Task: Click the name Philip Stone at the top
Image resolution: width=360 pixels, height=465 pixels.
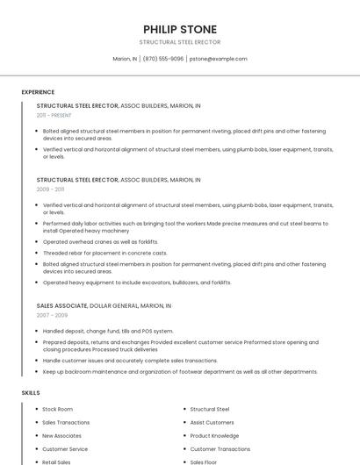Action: click(x=179, y=29)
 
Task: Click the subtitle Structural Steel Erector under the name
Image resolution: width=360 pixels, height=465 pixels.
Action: click(x=179, y=42)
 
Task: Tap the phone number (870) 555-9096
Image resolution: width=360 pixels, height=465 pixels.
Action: click(x=163, y=59)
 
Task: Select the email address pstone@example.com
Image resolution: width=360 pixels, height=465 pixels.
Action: click(x=219, y=59)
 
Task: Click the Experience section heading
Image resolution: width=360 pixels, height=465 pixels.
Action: click(x=38, y=92)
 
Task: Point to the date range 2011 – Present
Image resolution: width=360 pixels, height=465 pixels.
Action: click(x=54, y=115)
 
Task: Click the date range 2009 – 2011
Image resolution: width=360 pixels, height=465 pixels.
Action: click(x=50, y=189)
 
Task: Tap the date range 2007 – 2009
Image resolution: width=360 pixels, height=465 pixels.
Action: click(x=52, y=315)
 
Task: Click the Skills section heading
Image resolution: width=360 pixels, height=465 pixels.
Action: click(x=31, y=392)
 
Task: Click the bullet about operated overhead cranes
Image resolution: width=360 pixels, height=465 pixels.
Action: click(x=100, y=241)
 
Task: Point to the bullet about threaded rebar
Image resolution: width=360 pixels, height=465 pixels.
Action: click(x=104, y=253)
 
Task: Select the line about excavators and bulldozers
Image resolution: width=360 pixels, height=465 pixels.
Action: click(x=137, y=283)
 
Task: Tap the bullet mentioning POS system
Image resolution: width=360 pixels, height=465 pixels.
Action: click(x=108, y=331)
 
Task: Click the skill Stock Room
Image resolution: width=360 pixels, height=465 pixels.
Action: click(x=57, y=409)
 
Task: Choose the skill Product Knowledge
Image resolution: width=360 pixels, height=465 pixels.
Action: click(x=214, y=435)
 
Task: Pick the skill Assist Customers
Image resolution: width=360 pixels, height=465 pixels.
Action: click(x=212, y=422)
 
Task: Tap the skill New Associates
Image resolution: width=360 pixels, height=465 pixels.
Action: click(x=61, y=435)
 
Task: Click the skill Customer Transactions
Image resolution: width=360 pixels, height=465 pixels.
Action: click(x=220, y=448)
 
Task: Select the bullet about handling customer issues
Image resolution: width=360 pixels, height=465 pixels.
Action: click(x=130, y=360)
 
